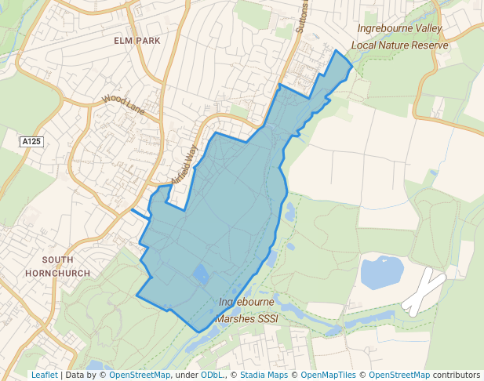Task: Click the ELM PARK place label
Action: click(136, 40)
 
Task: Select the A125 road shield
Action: click(32, 141)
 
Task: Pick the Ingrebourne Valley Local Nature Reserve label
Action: click(400, 37)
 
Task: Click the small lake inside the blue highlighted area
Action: click(201, 274)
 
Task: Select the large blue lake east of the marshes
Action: click(381, 271)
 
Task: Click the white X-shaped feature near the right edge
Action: click(424, 291)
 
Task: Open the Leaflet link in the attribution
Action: click(44, 375)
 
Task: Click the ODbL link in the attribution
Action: click(212, 375)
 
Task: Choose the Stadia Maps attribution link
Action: click(262, 375)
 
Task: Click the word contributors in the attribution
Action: click(456, 375)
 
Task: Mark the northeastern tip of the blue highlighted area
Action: click(338, 51)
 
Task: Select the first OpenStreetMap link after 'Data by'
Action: click(140, 375)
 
